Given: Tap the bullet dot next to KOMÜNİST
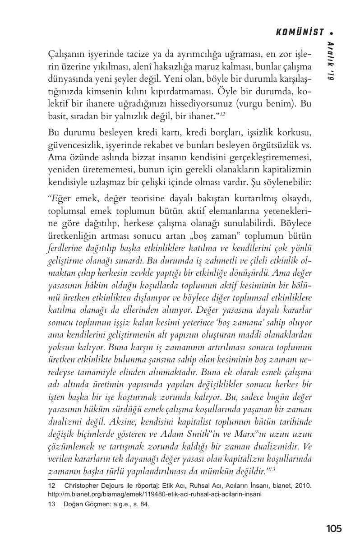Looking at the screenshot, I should point(332,32).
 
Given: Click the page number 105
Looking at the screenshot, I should point(333,528).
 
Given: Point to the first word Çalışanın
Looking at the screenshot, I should point(65,55).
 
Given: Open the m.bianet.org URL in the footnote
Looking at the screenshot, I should point(155,494).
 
